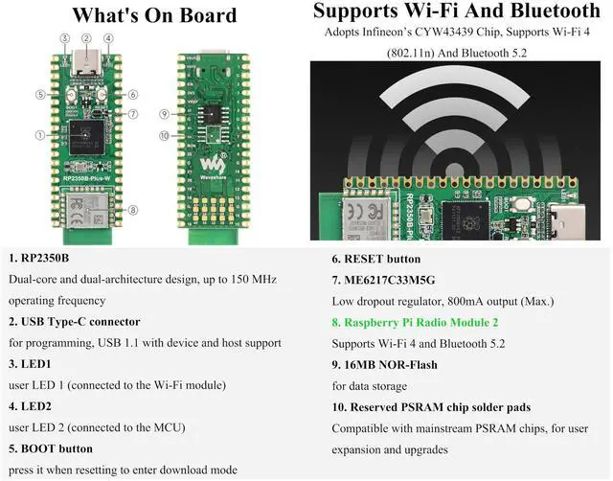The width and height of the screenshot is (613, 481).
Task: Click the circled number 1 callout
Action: tap(40, 134)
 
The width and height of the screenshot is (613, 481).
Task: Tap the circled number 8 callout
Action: tap(132, 211)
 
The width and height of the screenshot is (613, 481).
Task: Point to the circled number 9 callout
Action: tap(165, 114)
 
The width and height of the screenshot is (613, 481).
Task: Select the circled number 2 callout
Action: tap(86, 39)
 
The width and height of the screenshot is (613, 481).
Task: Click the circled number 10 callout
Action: tap(165, 135)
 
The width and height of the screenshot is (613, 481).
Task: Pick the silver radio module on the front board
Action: tap(86, 207)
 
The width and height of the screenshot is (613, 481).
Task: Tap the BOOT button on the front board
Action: tap(69, 96)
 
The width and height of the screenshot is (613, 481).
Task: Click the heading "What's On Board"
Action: tap(154, 15)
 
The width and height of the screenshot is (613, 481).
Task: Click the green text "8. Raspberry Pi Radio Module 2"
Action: tap(415, 323)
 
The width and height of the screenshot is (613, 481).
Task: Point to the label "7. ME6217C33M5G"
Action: tap(383, 281)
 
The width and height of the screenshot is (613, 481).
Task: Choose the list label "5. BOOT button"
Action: tap(51, 448)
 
